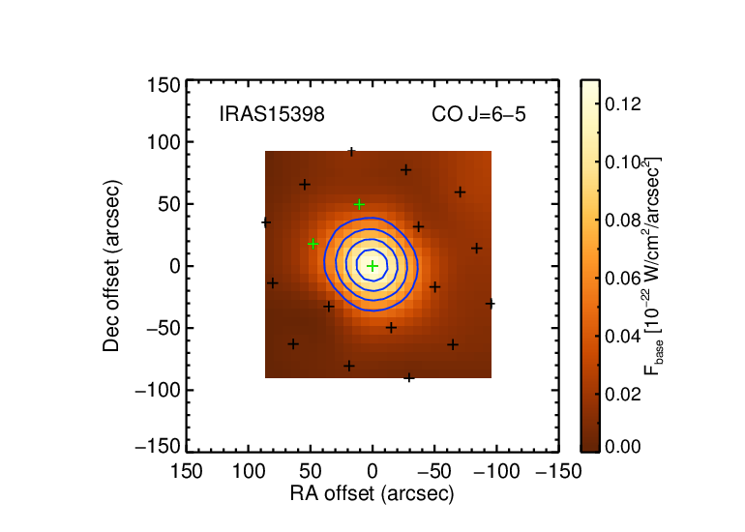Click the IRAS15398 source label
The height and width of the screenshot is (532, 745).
pyautogui.click(x=272, y=114)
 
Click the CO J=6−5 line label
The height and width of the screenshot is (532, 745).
pyautogui.click(x=479, y=114)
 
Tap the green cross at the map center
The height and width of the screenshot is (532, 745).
pyautogui.click(x=372, y=266)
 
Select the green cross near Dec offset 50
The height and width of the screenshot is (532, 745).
pyautogui.click(x=360, y=204)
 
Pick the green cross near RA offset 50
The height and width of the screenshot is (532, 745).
pyautogui.click(x=313, y=244)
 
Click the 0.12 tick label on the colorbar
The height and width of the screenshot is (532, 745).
pyautogui.click(x=623, y=104)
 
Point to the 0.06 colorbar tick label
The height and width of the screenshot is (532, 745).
pyautogui.click(x=623, y=279)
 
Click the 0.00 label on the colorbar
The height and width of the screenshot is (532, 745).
pyautogui.click(x=623, y=447)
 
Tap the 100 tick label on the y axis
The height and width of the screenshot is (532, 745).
pyautogui.click(x=164, y=142)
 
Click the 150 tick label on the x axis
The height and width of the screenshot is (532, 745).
pyautogui.click(x=186, y=472)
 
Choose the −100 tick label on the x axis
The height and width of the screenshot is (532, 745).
pyautogui.click(x=496, y=472)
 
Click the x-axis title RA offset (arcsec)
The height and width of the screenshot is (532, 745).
pyautogui.click(x=372, y=494)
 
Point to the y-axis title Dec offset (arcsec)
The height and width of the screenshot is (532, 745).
pyautogui.click(x=112, y=266)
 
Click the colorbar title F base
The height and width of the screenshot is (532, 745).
pyautogui.click(x=654, y=265)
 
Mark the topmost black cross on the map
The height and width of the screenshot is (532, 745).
pyautogui.click(x=351, y=152)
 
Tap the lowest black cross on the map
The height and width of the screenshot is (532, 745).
pyautogui.click(x=409, y=377)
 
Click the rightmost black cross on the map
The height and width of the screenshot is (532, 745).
pyautogui.click(x=491, y=304)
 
